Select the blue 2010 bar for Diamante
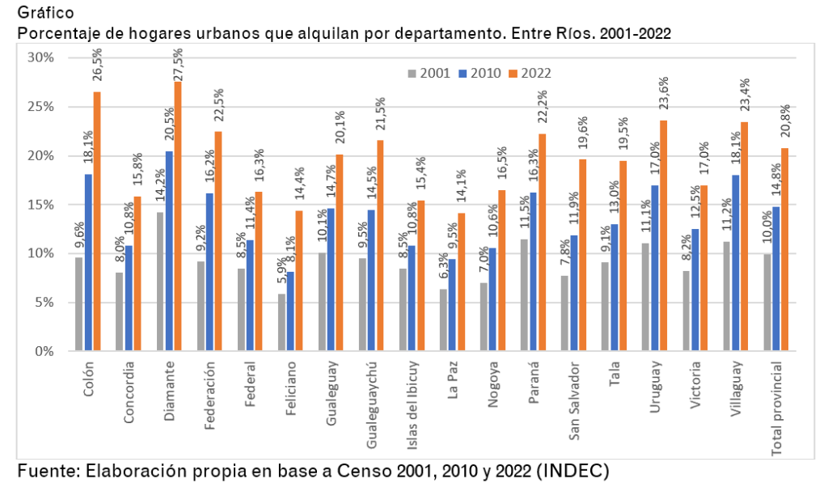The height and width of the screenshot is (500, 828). pos(168,251)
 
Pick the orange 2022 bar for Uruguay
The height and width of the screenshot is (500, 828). pos(663,235)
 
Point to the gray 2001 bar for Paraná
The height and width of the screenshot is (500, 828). pos(525,294)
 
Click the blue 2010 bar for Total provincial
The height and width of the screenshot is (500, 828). pos(776,278)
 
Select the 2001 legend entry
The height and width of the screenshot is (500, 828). pos(429,73)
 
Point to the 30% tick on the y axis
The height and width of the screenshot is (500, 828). pos(40,57)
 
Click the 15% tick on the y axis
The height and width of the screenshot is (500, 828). pos(40,205)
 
